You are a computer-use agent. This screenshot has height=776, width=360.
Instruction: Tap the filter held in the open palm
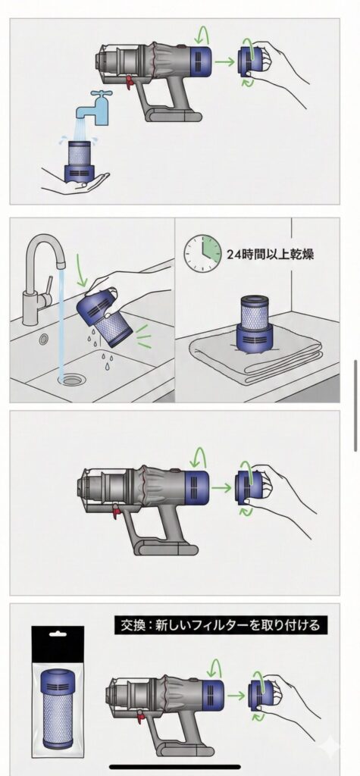[78, 161]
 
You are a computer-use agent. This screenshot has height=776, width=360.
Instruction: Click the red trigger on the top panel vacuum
[130, 80]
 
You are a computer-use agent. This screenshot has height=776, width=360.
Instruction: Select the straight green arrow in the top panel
[224, 61]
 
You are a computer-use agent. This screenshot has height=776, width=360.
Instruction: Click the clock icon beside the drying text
[202, 253]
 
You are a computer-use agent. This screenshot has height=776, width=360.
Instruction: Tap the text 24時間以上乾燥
[270, 254]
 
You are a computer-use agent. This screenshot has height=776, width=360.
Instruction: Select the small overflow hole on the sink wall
[45, 339]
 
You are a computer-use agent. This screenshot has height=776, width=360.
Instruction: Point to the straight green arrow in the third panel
[221, 489]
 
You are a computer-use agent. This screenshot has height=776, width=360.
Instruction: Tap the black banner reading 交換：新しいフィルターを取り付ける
[221, 625]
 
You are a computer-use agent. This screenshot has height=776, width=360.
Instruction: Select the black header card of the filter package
[58, 644]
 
